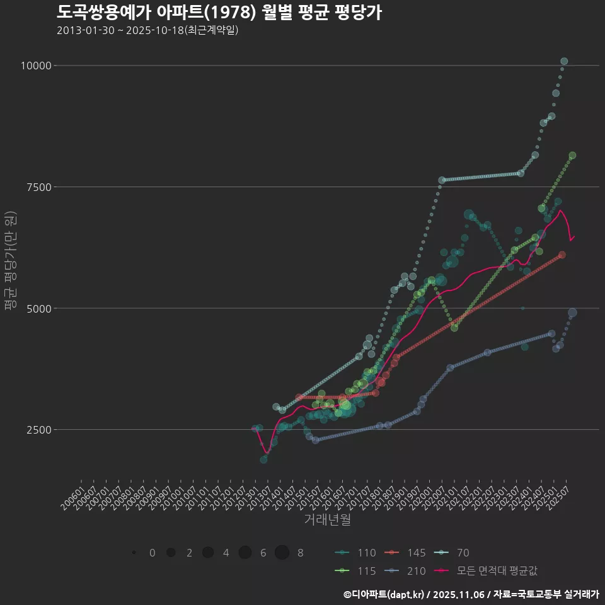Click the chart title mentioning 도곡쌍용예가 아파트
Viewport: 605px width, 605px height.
(x=219, y=13)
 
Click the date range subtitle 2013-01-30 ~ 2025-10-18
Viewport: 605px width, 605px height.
(x=147, y=30)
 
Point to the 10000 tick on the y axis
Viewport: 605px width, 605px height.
(x=37, y=66)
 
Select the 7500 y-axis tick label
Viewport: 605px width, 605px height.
(x=40, y=187)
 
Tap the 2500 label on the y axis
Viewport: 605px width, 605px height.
(x=40, y=430)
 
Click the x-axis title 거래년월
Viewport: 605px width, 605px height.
(x=327, y=520)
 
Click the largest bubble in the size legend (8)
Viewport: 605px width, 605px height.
(x=282, y=553)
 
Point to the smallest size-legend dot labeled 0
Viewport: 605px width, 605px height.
(x=134, y=553)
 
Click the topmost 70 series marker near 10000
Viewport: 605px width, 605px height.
(x=564, y=61)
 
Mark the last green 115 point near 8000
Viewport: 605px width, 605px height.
(x=572, y=155)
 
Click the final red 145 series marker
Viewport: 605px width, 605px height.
(x=562, y=255)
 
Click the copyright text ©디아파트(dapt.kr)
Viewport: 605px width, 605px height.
(x=384, y=594)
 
